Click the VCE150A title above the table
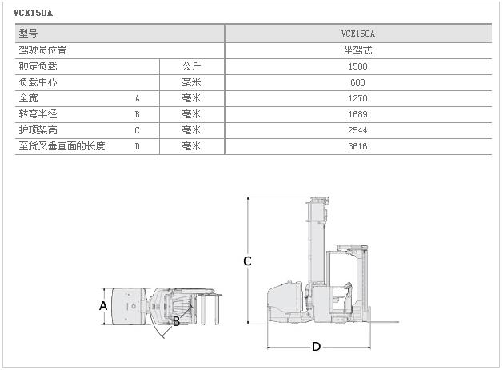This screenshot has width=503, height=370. tap(33, 13)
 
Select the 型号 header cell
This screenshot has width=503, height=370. tap(28, 33)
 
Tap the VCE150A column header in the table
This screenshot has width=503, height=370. tap(357, 34)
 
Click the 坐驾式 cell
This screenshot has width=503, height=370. tap(357, 50)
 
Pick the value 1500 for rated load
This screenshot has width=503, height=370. tap(357, 66)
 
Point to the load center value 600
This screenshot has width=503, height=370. tap(357, 82)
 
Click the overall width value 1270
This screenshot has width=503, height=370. tap(357, 98)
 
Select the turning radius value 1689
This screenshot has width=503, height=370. tap(357, 114)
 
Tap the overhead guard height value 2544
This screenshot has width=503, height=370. tap(357, 130)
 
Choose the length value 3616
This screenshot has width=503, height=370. tap(357, 146)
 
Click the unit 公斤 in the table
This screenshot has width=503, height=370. tap(191, 66)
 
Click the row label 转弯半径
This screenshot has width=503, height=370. tap(38, 114)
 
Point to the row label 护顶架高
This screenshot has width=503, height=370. tap(38, 130)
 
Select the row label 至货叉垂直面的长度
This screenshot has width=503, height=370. tap(62, 146)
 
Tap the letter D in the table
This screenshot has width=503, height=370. tap(138, 146)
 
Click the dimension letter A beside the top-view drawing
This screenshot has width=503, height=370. tap(103, 306)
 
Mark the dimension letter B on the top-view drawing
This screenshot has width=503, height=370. tap(176, 321)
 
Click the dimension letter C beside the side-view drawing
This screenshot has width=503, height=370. tap(247, 261)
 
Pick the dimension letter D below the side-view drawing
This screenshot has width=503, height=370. tap(317, 347)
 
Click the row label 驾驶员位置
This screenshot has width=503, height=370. tap(42, 50)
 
